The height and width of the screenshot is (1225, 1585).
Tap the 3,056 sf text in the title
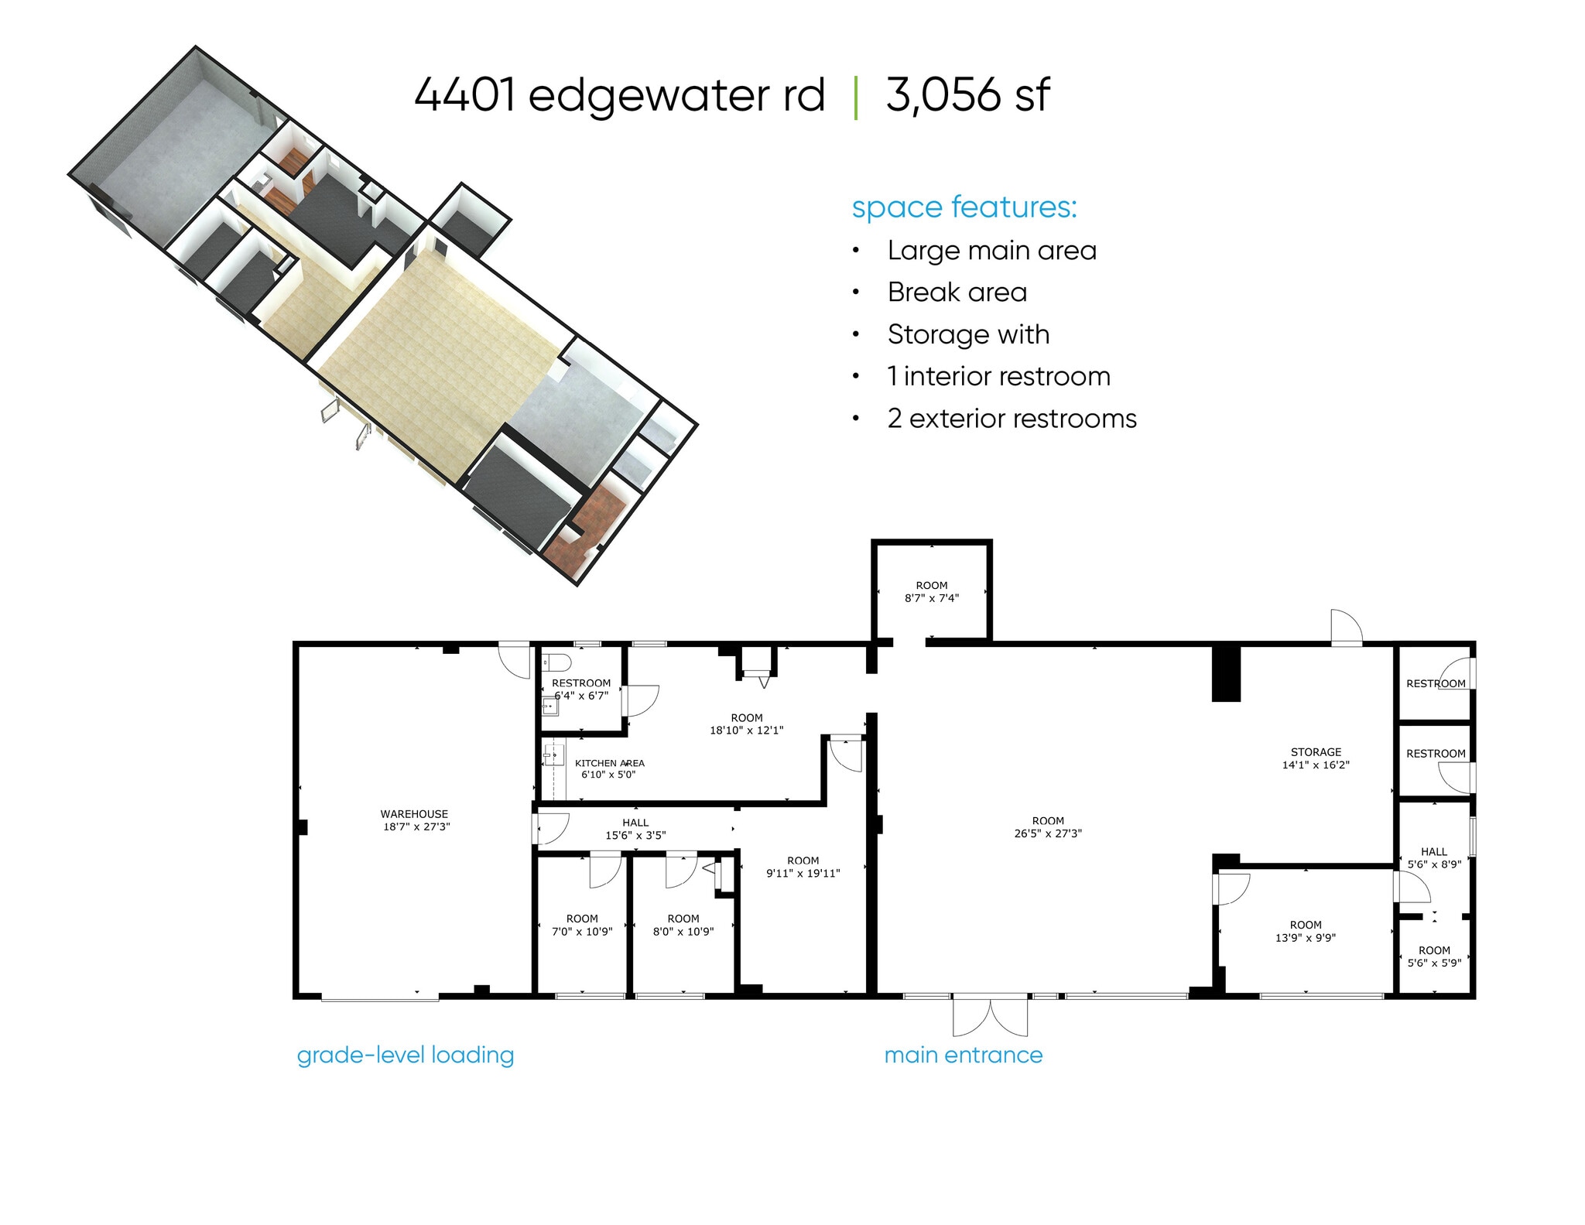pos(967,95)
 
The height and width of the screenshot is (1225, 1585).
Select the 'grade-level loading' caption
pos(406,1055)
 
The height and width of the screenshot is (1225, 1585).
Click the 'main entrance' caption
pos(963,1055)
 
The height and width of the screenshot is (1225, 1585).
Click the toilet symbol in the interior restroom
pos(556,662)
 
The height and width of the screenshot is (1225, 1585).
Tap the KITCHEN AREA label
pos(609,763)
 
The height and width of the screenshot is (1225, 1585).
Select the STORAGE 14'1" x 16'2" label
pos(1316,758)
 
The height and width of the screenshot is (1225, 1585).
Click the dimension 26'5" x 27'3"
pos(1048,833)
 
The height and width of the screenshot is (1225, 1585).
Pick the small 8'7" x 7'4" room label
pos(932,591)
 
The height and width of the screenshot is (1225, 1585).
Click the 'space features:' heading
pos(964,207)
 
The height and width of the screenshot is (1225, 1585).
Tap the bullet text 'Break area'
pos(957,293)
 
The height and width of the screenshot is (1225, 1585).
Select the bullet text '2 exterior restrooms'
pos(1012,419)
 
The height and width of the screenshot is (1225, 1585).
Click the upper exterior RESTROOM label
pos(1435,683)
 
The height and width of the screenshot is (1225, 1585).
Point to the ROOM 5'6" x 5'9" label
pos(1434,956)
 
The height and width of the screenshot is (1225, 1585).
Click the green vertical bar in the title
pos(855,98)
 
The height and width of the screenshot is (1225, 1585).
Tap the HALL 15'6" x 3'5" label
pos(635,829)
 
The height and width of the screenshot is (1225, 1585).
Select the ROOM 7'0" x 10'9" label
pos(582,925)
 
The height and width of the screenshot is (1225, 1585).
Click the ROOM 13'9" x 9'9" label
pos(1306,931)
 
